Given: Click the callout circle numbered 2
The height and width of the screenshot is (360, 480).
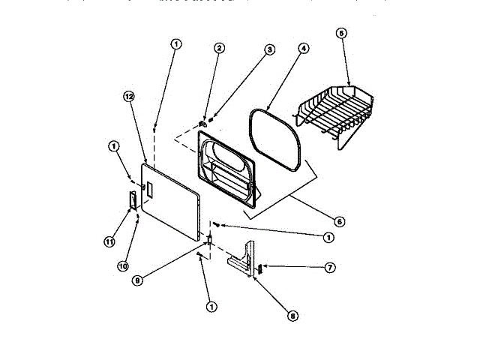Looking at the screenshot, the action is [x=220, y=49].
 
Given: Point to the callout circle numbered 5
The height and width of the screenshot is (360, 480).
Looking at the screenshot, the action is [x=341, y=34].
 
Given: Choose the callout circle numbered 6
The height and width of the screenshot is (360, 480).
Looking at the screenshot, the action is [x=339, y=221].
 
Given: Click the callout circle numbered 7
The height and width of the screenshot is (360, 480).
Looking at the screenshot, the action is [x=330, y=267].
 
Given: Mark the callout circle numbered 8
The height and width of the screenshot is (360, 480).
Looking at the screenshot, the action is [x=292, y=316].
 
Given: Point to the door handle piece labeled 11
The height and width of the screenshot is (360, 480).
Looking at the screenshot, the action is [x=132, y=201].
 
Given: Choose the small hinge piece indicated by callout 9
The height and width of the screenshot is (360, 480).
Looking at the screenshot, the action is [x=210, y=240].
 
